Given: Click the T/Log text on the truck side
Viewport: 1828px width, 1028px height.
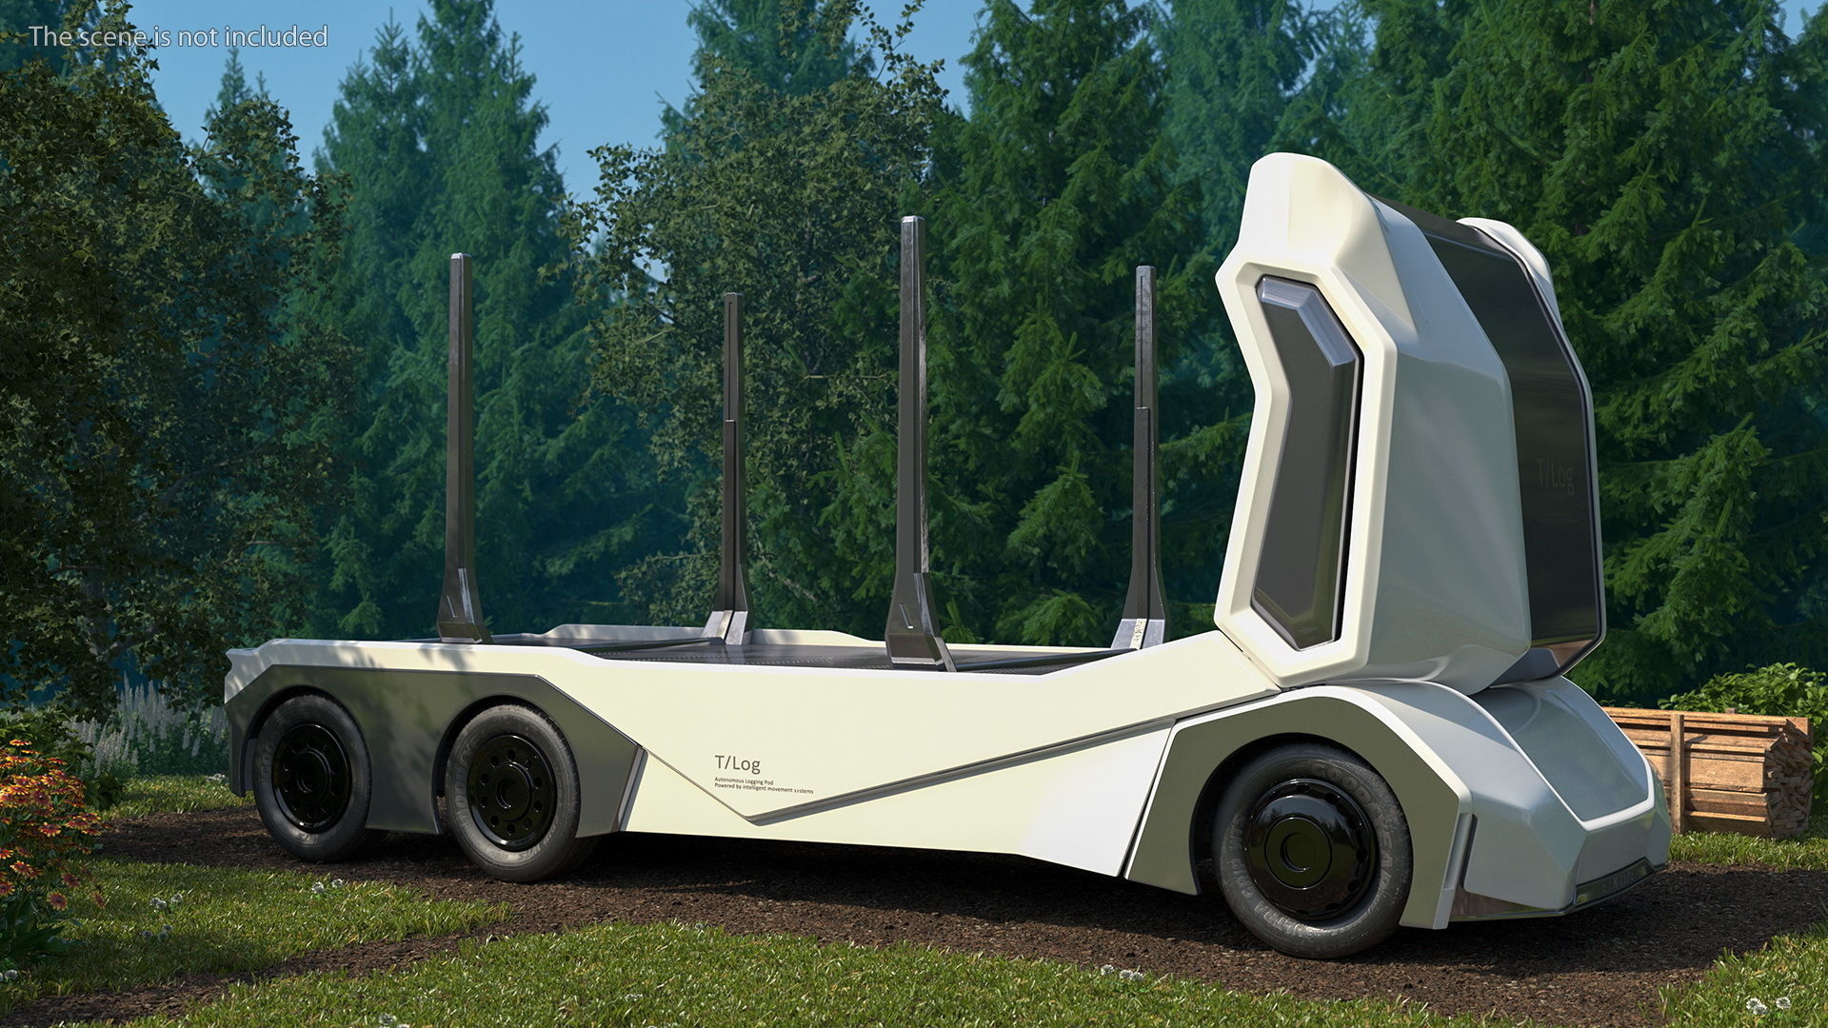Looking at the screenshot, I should [737, 763].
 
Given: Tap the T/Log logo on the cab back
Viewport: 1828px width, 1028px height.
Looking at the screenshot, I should [1556, 475].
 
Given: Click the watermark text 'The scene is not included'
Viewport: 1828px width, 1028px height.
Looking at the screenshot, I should [178, 36].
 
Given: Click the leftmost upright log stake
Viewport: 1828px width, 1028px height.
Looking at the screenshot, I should [461, 428].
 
